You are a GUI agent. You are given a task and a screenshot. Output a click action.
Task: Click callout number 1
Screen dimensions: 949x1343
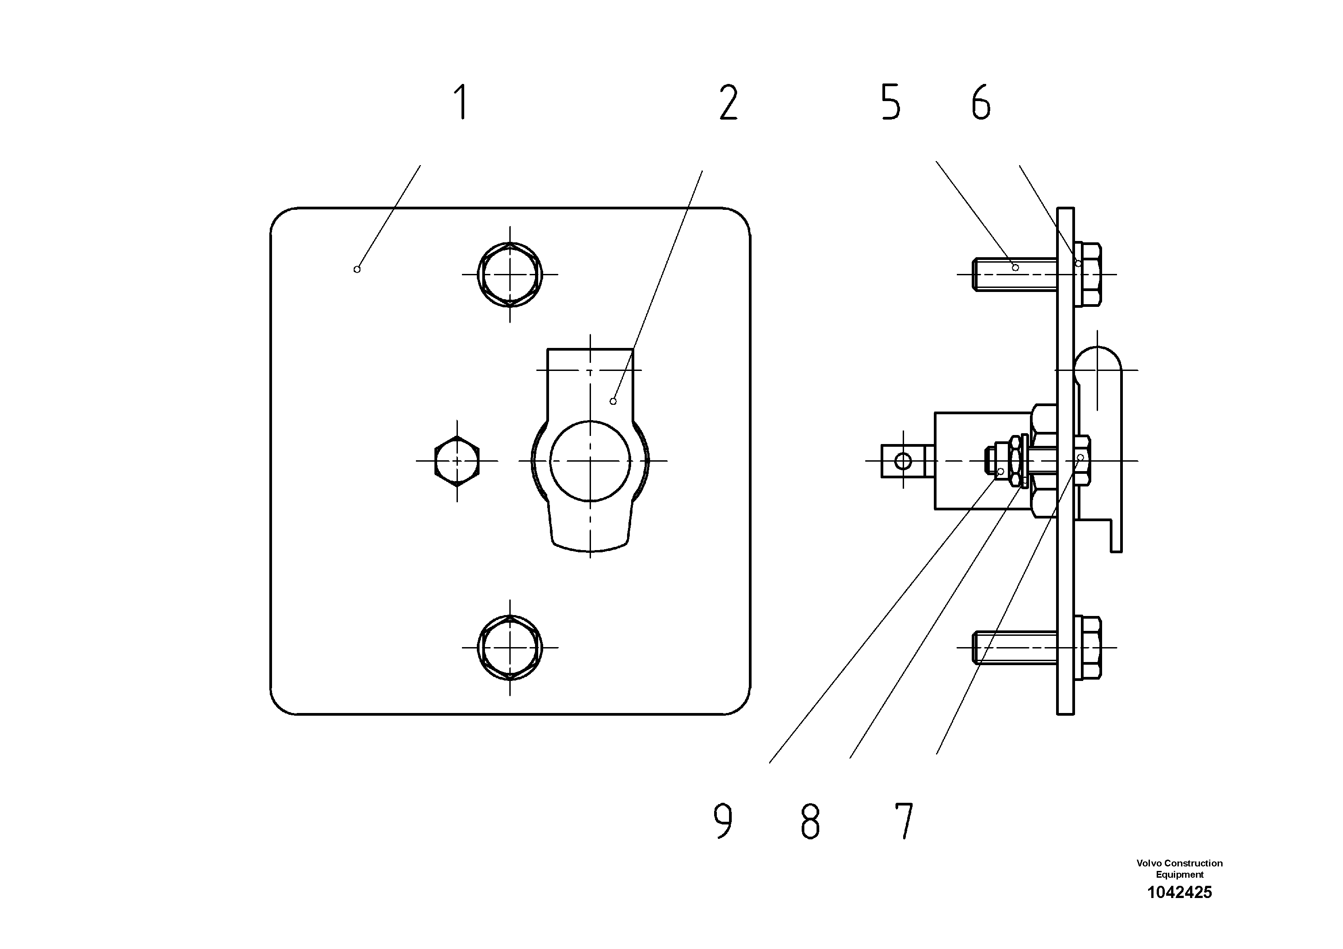(462, 102)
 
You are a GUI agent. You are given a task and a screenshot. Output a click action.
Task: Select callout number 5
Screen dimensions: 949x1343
(891, 102)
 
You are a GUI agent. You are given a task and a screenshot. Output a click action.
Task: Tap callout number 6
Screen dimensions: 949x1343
(981, 102)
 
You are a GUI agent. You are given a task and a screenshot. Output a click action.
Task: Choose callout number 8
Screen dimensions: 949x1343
(810, 821)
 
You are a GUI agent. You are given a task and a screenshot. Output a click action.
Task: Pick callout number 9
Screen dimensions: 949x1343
(723, 821)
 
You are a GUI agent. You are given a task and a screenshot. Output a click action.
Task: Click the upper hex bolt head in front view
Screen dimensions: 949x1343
(509, 274)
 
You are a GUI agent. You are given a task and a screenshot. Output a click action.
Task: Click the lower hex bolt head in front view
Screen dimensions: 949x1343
(509, 648)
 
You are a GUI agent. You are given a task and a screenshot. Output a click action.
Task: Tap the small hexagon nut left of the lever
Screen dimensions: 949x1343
(457, 461)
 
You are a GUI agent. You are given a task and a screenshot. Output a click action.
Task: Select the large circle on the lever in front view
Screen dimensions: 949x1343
(590, 461)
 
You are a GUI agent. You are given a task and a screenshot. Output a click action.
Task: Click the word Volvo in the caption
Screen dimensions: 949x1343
(1148, 863)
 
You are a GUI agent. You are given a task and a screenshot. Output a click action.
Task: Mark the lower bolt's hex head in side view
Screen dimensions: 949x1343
(1089, 648)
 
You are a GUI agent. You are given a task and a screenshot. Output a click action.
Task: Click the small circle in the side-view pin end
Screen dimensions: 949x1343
(903, 461)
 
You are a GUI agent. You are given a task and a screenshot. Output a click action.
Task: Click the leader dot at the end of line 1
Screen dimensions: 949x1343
(357, 269)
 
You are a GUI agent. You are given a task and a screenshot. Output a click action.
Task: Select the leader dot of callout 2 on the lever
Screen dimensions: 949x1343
(613, 401)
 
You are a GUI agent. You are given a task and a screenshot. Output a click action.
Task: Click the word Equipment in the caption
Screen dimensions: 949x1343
(1179, 875)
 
